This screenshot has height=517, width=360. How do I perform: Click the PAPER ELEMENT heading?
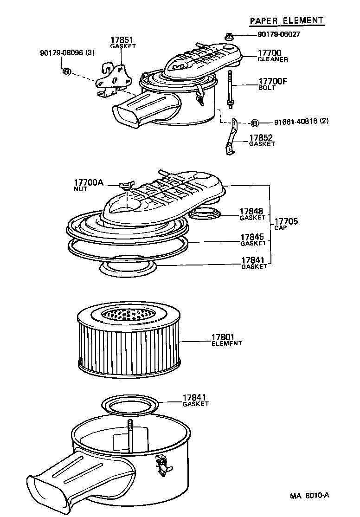pyautogui.click(x=286, y=20)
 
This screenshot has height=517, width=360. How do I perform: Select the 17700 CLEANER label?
pyautogui.click(x=273, y=56)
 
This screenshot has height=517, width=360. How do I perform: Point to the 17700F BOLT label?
pyautogui.click(x=273, y=84)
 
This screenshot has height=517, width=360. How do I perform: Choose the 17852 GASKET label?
pyautogui.click(x=262, y=141)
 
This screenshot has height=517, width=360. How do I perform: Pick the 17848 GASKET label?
pyautogui.click(x=252, y=214)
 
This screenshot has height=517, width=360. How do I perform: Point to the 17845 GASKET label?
pyautogui.click(x=253, y=239)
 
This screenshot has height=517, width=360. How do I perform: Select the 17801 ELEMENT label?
pyautogui.click(x=226, y=340)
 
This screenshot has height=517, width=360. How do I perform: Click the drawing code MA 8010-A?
pyautogui.click(x=309, y=495)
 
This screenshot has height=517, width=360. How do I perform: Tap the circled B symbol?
pyautogui.click(x=254, y=123)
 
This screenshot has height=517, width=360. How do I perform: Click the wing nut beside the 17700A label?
pyautogui.click(x=125, y=187)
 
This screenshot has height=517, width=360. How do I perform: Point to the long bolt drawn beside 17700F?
pyautogui.click(x=229, y=88)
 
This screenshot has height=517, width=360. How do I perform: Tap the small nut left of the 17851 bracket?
pyautogui.click(x=66, y=71)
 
